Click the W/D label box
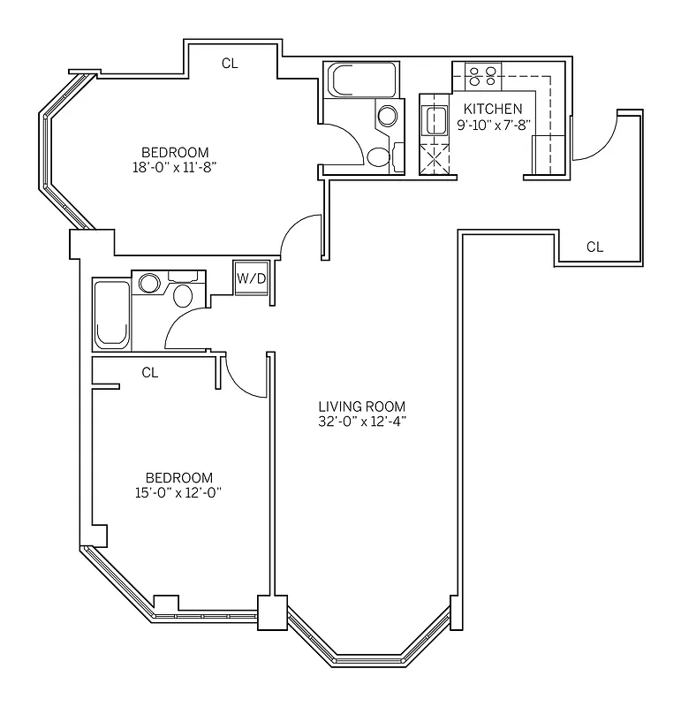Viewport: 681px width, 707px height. [x=251, y=278]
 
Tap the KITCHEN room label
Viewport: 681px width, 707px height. [x=493, y=109]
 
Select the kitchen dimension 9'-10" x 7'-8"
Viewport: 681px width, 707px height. [x=493, y=124]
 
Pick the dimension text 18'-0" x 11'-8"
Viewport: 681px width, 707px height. [x=174, y=165]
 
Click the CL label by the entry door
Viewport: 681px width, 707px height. [x=594, y=247]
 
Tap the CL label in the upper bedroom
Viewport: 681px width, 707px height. [x=230, y=63]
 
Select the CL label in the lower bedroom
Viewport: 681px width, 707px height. [x=150, y=373]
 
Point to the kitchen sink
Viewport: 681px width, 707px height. [x=435, y=118]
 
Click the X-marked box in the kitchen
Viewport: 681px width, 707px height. [x=435, y=160]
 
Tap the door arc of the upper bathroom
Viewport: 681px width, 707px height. [x=344, y=141]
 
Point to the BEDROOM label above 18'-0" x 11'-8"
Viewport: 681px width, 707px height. [x=174, y=150]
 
